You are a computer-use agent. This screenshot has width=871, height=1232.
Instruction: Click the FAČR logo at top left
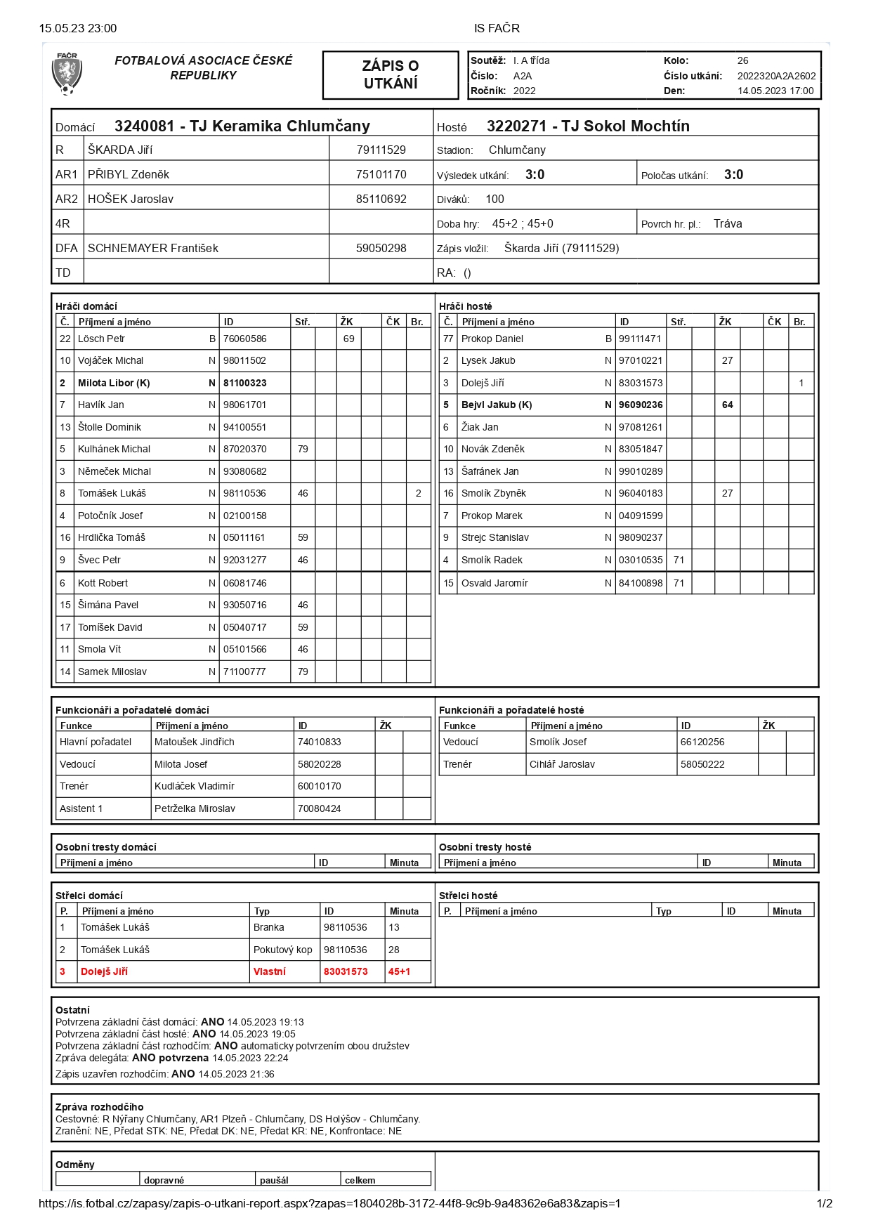[x=67, y=74]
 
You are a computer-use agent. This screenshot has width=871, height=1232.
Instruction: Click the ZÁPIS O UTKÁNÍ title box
[x=390, y=74]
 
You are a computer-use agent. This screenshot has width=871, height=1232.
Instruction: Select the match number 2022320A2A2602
[x=776, y=76]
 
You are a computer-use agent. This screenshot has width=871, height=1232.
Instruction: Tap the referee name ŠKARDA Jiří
[x=120, y=150]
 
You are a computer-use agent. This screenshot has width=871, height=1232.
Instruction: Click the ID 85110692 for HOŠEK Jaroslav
[x=381, y=199]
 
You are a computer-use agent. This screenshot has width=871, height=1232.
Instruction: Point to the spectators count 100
[x=495, y=199]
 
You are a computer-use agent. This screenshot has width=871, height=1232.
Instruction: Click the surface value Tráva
[x=728, y=223]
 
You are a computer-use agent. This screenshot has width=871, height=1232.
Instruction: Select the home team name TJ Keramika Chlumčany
[x=280, y=126]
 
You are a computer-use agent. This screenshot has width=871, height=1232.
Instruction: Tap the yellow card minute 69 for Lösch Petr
[x=349, y=339]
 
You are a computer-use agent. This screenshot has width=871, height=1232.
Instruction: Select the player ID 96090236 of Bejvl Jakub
[x=641, y=405]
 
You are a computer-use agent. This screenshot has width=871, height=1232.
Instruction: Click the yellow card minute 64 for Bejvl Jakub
[x=728, y=405]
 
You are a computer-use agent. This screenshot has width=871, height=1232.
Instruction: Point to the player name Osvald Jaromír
[x=495, y=583]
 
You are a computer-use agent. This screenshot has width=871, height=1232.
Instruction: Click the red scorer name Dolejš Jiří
[x=104, y=971]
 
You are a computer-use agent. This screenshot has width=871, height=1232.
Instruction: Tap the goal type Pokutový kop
[x=282, y=950]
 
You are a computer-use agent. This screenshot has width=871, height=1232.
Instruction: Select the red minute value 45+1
[x=399, y=971]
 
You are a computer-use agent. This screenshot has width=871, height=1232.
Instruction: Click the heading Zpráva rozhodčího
[x=99, y=1107]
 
